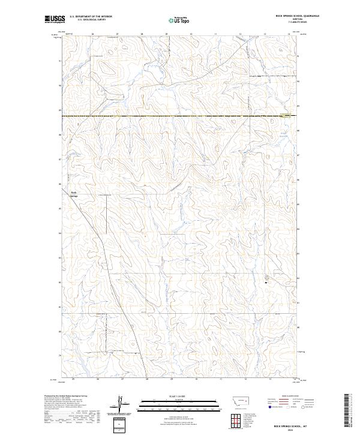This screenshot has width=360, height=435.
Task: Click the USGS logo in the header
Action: click(55, 19)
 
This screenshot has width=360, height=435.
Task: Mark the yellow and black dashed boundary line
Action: click(180, 115)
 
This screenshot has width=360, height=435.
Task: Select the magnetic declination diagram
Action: click(120, 405)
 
